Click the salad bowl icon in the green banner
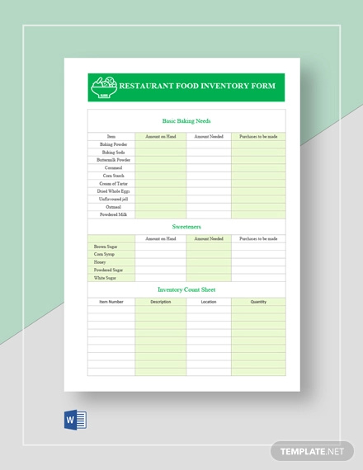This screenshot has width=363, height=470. [x=105, y=86]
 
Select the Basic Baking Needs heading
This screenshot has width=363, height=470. [x=186, y=120]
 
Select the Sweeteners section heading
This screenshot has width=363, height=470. [x=186, y=226]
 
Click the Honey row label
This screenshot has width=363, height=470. [x=100, y=262]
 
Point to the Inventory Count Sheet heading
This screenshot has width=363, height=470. [x=186, y=289]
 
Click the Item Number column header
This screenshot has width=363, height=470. [x=112, y=302]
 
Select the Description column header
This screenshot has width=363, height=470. [x=161, y=302]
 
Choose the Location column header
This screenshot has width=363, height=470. [x=208, y=302]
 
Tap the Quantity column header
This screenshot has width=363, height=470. [x=258, y=302]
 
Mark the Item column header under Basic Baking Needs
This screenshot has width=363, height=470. [x=112, y=136]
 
